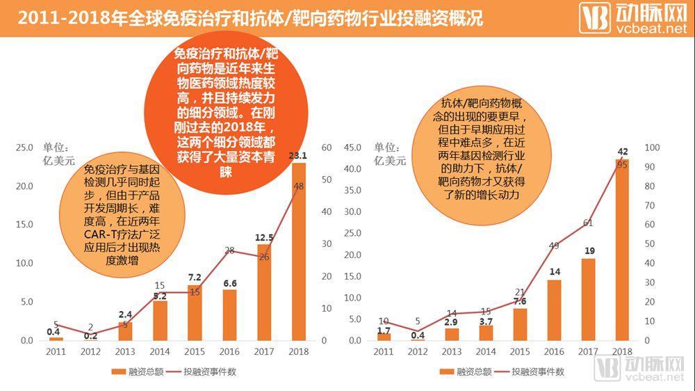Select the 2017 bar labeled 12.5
(x=264, y=292)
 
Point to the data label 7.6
(x=520, y=301)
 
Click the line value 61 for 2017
(x=587, y=223)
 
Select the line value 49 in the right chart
(x=553, y=246)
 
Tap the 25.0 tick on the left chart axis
(x=24, y=147)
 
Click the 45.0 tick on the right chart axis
(x=352, y=147)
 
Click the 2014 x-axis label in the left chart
(x=160, y=353)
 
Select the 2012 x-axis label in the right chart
(x=418, y=353)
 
